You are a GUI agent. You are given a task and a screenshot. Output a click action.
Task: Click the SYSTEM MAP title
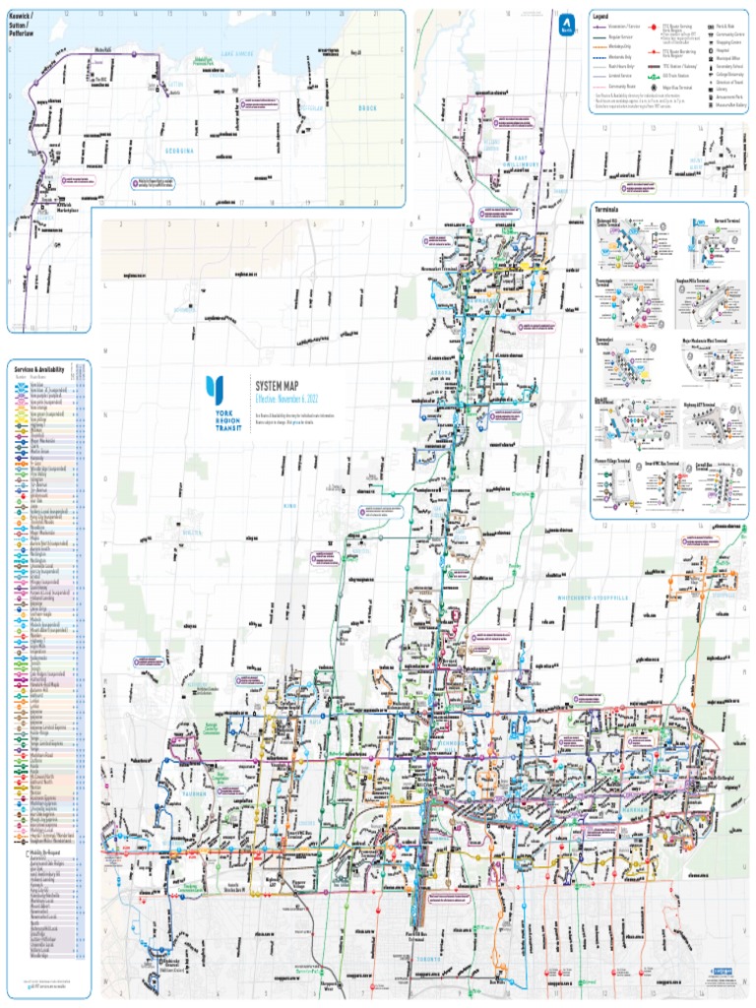(276, 387)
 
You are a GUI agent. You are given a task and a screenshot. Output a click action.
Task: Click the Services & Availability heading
(39, 369)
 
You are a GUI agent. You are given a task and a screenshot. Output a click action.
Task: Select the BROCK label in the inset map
(367, 107)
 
